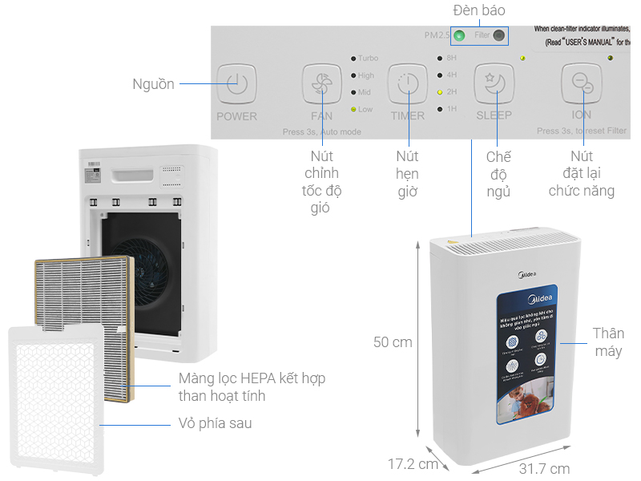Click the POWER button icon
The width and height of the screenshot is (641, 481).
(236, 82)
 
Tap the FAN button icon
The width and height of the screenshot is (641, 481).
(322, 82)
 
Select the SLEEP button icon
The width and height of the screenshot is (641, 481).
(494, 82)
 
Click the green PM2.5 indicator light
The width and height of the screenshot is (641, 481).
(460, 35)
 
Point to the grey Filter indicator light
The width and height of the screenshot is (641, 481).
(500, 35)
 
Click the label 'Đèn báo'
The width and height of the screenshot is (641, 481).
(479, 10)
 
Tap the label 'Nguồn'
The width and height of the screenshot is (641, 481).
(154, 84)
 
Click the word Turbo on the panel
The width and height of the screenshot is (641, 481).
(368, 59)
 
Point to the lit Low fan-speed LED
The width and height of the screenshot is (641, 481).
(353, 109)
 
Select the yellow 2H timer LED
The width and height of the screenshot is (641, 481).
(439, 92)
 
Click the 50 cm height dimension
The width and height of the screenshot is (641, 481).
(393, 342)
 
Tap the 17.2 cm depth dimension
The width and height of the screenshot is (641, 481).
(413, 464)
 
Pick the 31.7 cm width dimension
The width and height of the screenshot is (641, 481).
(544, 469)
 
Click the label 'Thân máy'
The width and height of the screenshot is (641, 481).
(607, 342)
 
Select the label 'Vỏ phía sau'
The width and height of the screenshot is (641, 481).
(214, 422)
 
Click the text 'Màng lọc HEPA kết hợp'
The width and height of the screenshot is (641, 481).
(252, 378)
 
